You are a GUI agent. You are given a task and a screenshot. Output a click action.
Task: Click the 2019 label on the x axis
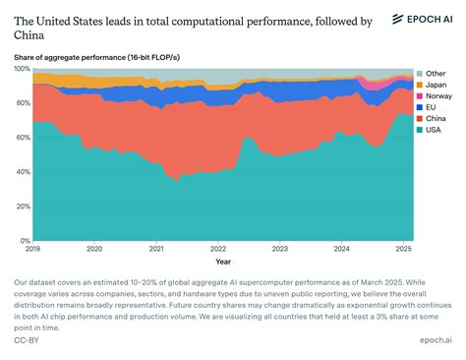(32, 250)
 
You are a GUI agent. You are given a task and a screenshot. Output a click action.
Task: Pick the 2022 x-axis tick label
(218, 250)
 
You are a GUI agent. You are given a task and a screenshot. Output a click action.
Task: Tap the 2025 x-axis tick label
(404, 250)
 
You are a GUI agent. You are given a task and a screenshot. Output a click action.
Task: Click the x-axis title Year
(223, 262)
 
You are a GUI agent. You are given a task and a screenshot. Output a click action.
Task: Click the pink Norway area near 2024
(371, 84)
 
